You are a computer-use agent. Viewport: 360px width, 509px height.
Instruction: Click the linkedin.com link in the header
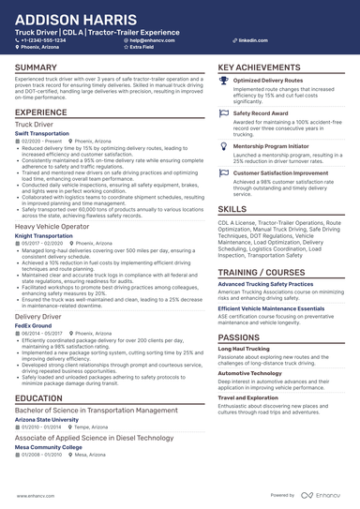247,41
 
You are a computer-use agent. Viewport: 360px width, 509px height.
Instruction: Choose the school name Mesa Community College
49,446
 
